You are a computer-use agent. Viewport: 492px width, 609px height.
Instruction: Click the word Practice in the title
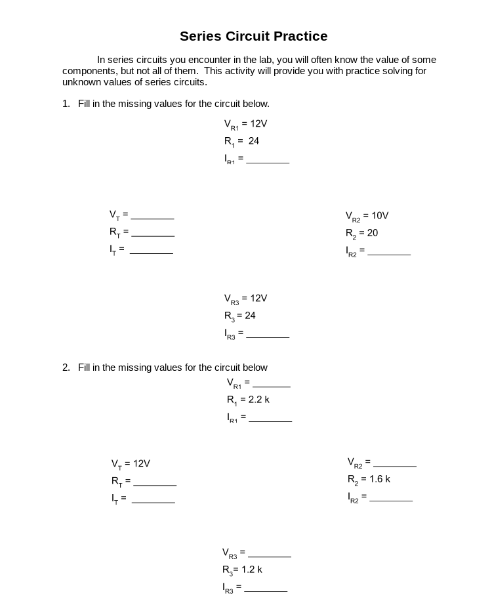coord(297,36)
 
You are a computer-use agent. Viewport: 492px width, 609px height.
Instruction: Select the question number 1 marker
coord(66,104)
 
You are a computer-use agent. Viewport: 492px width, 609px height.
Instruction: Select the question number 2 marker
coord(66,367)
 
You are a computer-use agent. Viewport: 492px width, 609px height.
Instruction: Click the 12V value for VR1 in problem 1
coord(258,123)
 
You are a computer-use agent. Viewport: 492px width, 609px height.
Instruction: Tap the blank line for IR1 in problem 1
coord(268,160)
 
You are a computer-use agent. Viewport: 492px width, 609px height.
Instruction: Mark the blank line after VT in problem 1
coord(152,216)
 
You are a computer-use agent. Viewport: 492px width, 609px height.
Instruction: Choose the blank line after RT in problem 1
coord(153,234)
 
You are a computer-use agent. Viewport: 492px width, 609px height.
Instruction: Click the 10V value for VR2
coord(380,216)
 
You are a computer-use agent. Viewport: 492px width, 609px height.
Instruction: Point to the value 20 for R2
coord(373,233)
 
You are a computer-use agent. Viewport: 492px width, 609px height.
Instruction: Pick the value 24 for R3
coord(250,316)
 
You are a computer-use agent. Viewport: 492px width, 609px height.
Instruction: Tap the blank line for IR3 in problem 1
coord(268,335)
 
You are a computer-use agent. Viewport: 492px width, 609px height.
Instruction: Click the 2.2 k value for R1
coord(259,400)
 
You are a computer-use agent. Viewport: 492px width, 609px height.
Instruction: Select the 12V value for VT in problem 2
coord(142,463)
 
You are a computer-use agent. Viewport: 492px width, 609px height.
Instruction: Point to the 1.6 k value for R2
coord(379,479)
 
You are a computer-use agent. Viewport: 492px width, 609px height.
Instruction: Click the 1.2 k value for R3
coord(252,569)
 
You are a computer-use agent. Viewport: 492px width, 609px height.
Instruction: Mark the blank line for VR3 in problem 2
coord(270,554)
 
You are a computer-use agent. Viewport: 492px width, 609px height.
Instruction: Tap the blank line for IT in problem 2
coord(154,500)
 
